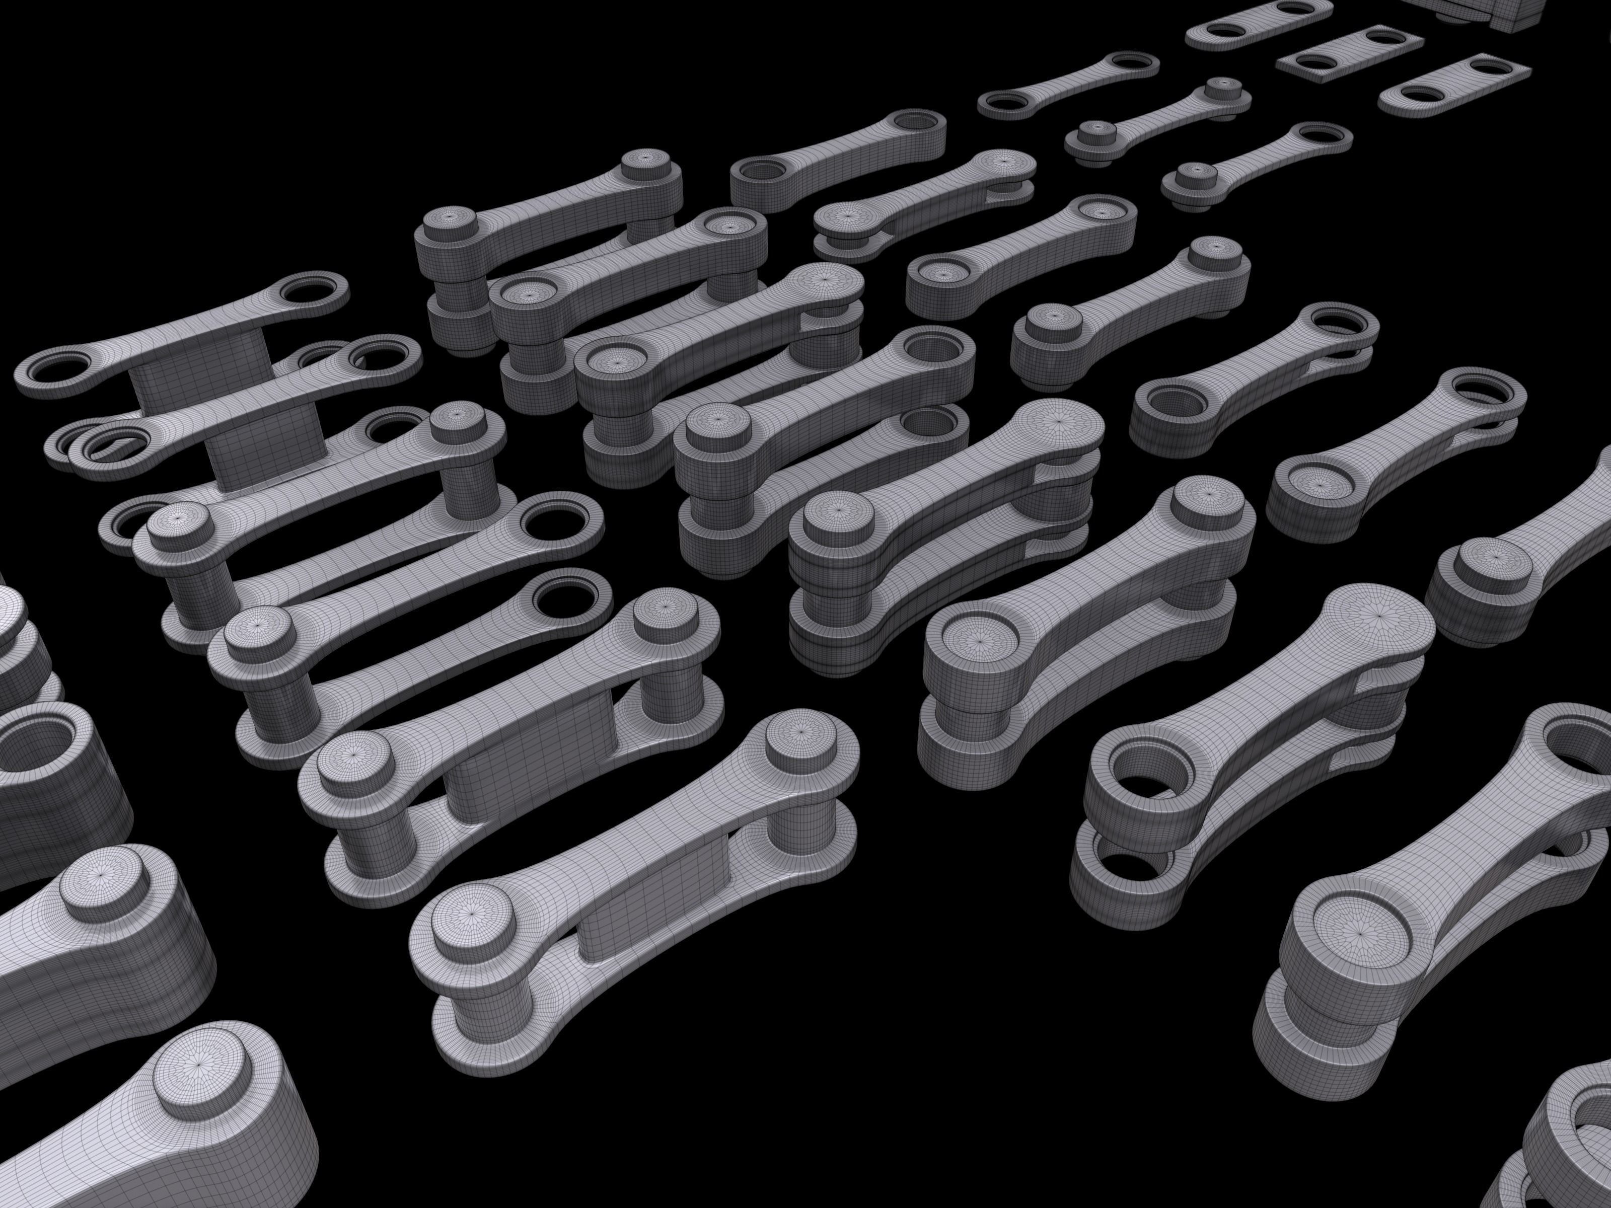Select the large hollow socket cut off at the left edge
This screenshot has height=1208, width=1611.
pos(36,750)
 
